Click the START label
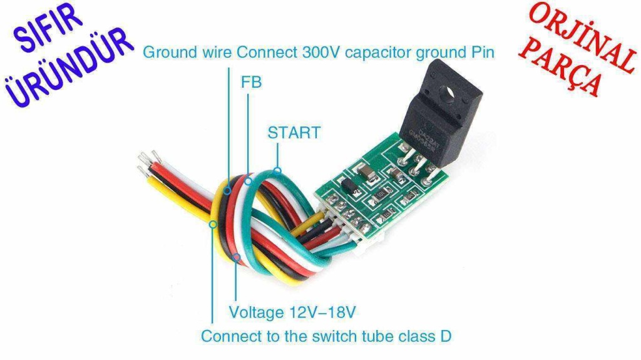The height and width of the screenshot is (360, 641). tap(294, 133)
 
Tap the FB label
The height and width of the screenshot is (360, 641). tap(251, 82)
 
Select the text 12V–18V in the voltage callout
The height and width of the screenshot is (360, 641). tap(322, 312)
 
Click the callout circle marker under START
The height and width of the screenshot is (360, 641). tap(277, 171)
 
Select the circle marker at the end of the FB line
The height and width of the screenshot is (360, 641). tap(248, 181)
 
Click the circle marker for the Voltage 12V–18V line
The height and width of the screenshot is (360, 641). tap(236, 257)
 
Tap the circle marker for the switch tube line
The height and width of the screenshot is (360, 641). tap(213, 224)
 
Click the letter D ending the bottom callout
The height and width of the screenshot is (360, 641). tap(446, 336)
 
